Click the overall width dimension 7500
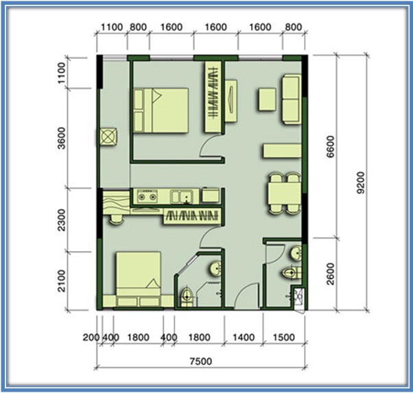pos(201,361)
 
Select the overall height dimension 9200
pos(361,182)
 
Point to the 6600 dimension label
pos(330,147)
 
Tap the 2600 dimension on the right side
pos(330,274)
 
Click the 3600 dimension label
pos(62,139)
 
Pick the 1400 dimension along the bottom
pos(244,337)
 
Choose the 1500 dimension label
pos(283,337)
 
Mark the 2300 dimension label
pos(62,220)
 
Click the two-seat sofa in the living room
pos(292,99)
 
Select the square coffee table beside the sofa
pos(267,99)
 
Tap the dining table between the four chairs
pos(285,193)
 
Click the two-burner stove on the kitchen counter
pos(147,196)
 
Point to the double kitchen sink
pos(182,197)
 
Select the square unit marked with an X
pos(108,136)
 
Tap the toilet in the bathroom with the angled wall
pos(187,297)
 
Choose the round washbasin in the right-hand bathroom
pos(296,254)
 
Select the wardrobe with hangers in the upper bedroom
pos(213,97)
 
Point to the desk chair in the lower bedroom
pos(116,219)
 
